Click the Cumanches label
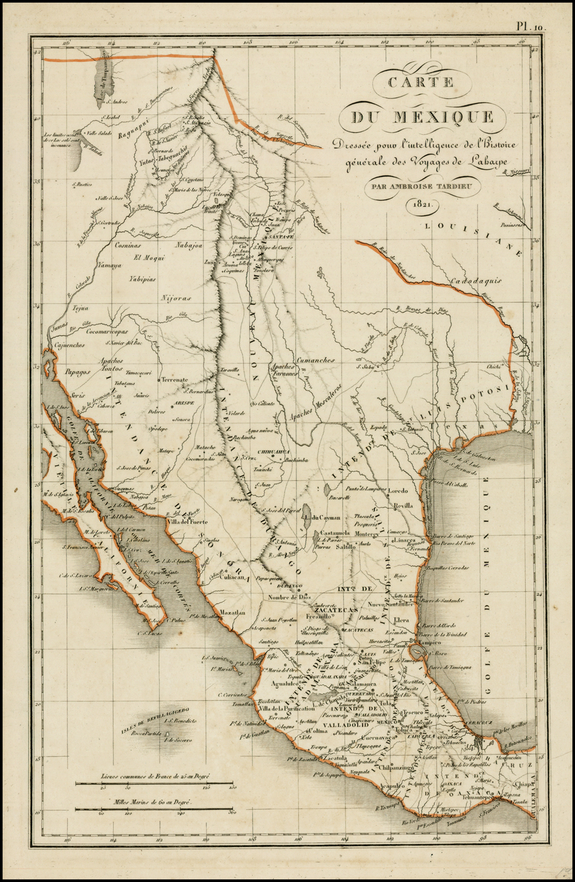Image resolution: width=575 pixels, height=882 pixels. [316, 360]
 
